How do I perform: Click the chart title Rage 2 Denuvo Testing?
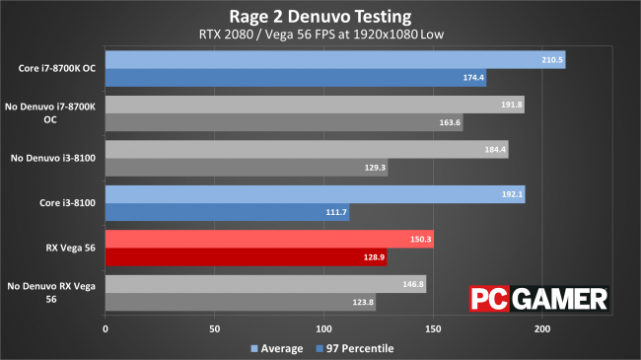pyautogui.click(x=320, y=16)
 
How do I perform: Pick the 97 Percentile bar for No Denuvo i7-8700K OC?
pyautogui.click(x=283, y=122)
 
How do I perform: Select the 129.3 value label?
pyautogui.click(x=374, y=168)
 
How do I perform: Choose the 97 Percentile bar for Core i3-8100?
pyautogui.click(x=227, y=212)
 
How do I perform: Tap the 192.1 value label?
pyautogui.click(x=511, y=195)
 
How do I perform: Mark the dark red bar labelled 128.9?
pyautogui.click(x=246, y=256)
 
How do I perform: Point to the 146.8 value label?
pyautogui.click(x=412, y=284)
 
